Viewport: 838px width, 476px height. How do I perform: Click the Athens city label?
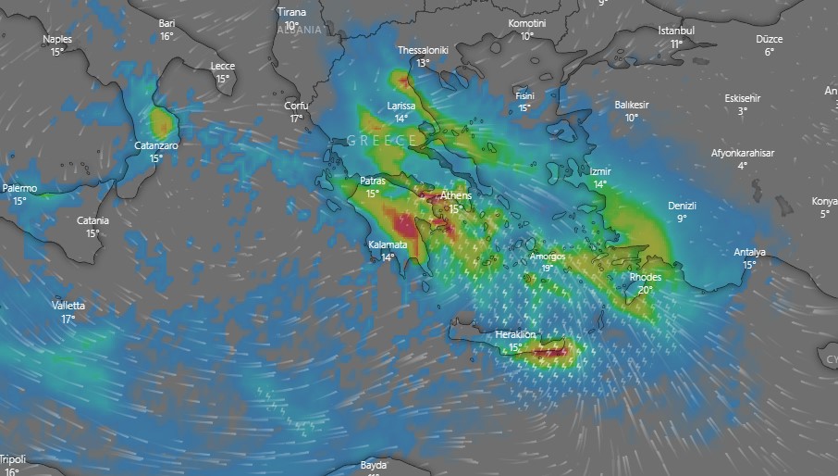pos(455,195)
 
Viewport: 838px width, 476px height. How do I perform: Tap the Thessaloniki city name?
pos(423,50)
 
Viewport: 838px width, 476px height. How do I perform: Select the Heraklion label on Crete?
pos(516,334)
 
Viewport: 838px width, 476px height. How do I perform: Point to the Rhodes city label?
pos(645,277)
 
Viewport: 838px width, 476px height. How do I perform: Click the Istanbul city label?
pos(676,31)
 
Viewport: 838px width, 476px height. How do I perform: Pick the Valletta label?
pos(68,306)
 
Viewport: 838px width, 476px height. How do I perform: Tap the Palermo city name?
pos(19,188)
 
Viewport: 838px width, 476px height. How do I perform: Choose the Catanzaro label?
pos(156,145)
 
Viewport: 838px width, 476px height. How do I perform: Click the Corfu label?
pos(296,106)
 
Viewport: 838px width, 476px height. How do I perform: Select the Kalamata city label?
pos(388,244)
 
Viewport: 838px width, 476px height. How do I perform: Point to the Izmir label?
pos(600,171)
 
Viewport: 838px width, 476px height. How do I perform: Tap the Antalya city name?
pos(749,252)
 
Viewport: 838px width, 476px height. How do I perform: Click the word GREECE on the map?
pos(382,140)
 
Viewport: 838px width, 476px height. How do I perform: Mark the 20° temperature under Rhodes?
pos(645,290)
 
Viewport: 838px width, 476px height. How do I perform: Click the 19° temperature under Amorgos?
pos(548,269)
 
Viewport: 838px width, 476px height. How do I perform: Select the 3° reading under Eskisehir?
pos(743,111)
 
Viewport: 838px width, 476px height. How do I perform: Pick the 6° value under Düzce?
pos(769,52)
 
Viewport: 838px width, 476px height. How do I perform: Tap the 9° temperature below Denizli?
pos(682,219)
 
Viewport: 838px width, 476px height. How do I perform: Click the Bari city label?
pos(166,23)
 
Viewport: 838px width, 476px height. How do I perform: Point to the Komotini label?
pos(527,23)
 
